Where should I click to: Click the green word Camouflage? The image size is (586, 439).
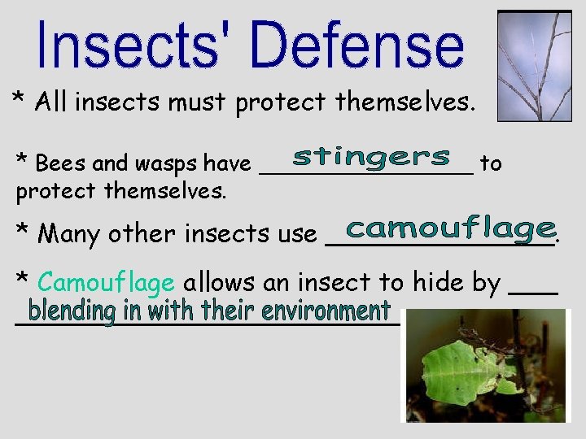click(x=106, y=283)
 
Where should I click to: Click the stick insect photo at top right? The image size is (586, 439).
click(x=534, y=66)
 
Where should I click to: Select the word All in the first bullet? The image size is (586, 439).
click(x=50, y=102)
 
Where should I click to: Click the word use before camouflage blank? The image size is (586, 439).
click(x=297, y=236)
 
